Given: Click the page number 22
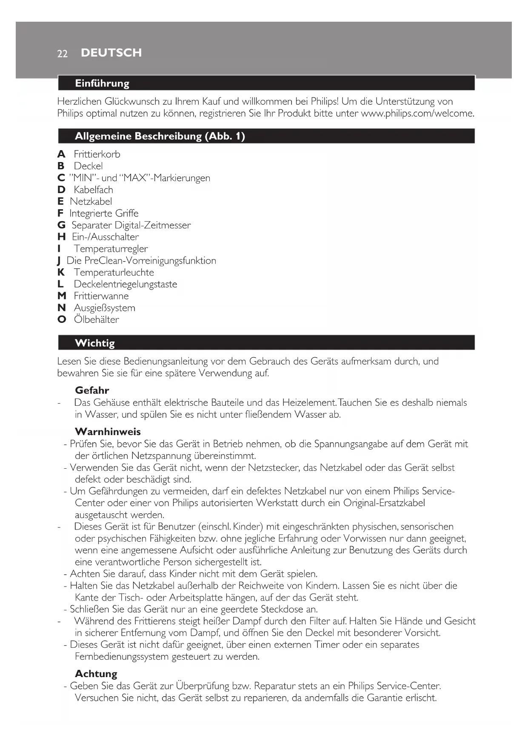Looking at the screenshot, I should pyautogui.click(x=62, y=54).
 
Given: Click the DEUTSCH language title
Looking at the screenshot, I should pyautogui.click(x=111, y=53).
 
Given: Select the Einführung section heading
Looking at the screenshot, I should pyautogui.click(x=102, y=83).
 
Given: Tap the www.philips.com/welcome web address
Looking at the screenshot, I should pyautogui.click(x=417, y=114).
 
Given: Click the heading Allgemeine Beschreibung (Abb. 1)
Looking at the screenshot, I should pyautogui.click(x=160, y=136).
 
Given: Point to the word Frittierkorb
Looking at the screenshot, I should pyautogui.click(x=97, y=154).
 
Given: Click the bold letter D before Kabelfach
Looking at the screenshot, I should pyautogui.click(x=61, y=190).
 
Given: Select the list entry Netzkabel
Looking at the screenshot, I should pyautogui.click(x=91, y=202).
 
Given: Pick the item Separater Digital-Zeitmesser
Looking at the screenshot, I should pyautogui.click(x=131, y=225).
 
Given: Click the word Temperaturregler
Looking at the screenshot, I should pyautogui.click(x=111, y=249).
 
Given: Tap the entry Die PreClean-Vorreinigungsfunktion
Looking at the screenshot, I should pyautogui.click(x=141, y=261).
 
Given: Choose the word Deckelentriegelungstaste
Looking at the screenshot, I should pyautogui.click(x=126, y=284).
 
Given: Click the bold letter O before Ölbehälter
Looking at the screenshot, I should pyautogui.click(x=62, y=320).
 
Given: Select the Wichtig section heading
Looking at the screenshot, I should pyautogui.click(x=94, y=343).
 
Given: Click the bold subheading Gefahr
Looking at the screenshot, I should pyautogui.click(x=92, y=390).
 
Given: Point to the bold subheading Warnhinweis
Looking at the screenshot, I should pyautogui.click(x=108, y=432).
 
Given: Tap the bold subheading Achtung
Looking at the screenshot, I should pyautogui.click(x=96, y=674).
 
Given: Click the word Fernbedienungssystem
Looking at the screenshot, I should pyautogui.click(x=122, y=657).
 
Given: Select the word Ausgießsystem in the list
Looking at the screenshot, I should pyautogui.click(x=105, y=308).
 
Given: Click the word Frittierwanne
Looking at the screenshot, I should pyautogui.click(x=101, y=296).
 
